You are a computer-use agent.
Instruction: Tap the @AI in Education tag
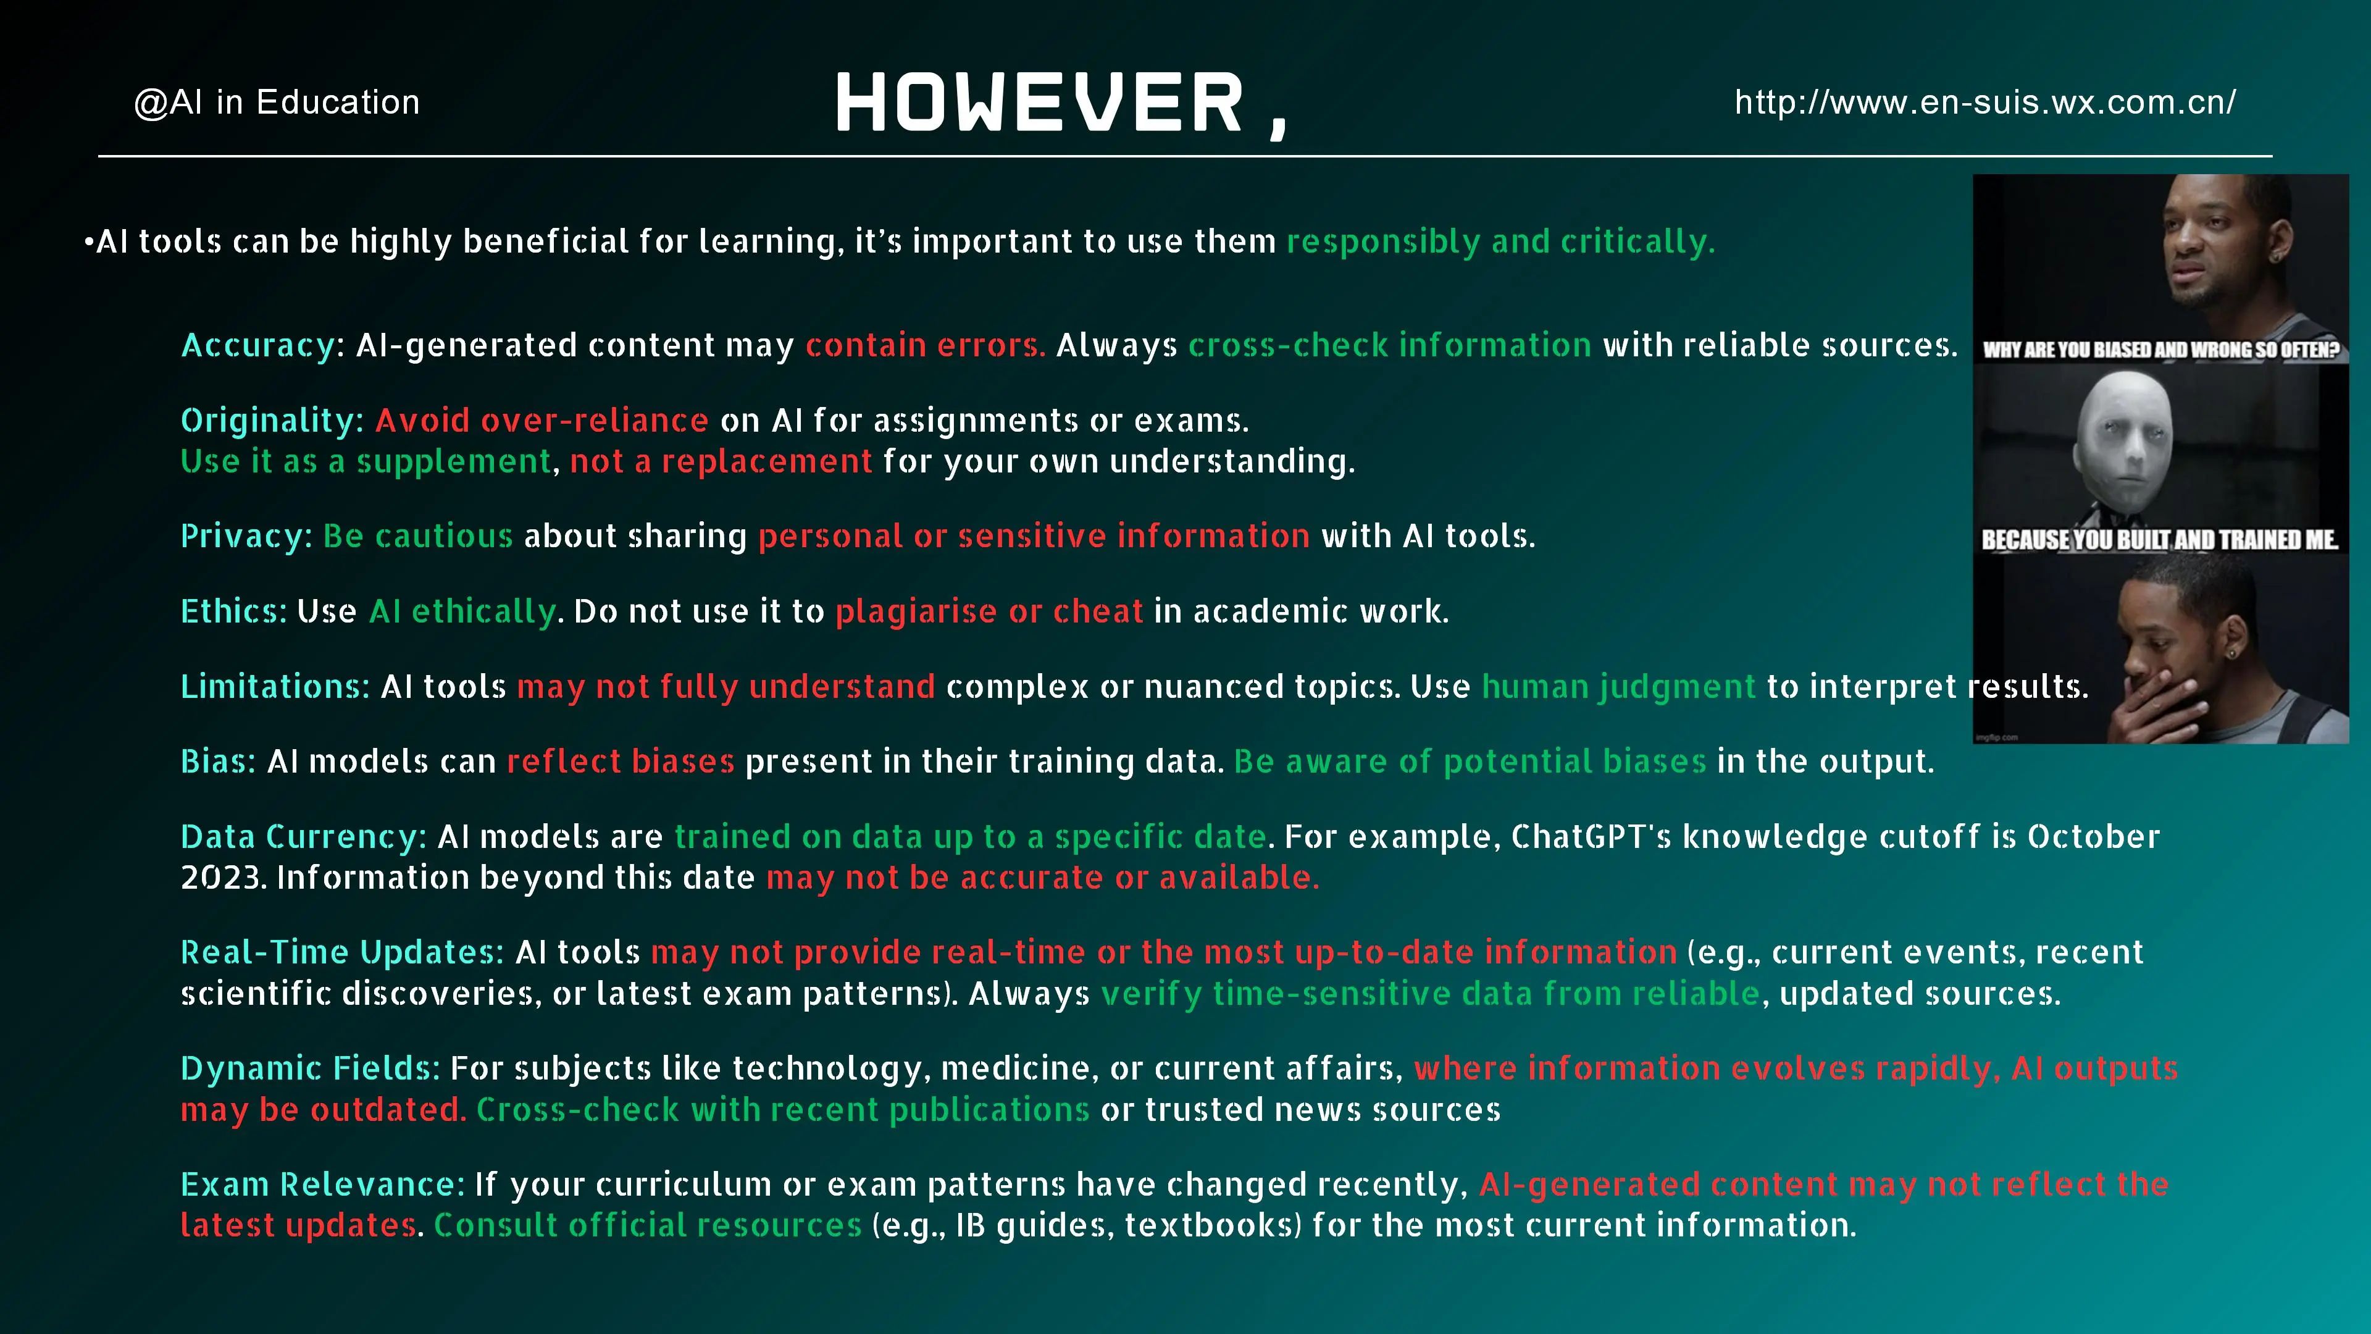(x=277, y=102)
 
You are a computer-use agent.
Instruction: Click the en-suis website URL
(x=1985, y=102)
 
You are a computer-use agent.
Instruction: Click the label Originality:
(x=272, y=421)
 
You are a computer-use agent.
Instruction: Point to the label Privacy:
(x=247, y=536)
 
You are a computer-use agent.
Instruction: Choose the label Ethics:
(x=234, y=611)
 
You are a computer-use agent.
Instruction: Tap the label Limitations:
(x=275, y=687)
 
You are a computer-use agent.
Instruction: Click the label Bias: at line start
(x=218, y=761)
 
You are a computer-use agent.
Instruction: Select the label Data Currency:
(x=304, y=837)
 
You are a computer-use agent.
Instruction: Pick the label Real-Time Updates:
(x=343, y=952)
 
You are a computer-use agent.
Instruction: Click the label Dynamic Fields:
(x=310, y=1068)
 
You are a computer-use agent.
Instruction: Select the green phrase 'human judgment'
(x=1619, y=687)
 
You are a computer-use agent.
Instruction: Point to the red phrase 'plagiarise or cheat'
(x=989, y=611)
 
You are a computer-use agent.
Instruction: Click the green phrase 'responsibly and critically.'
(x=1501, y=242)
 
